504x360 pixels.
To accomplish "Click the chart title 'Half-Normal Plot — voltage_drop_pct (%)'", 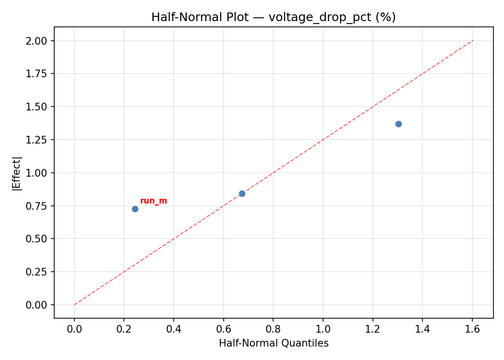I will click(273, 17).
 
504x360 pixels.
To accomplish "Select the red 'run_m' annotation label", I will click(154, 201).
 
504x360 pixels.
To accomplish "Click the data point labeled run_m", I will click(135, 209).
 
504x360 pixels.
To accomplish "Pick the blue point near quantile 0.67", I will click(242, 193).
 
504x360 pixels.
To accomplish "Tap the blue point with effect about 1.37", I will click(398, 124).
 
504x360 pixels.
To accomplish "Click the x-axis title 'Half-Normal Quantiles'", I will click(274, 343).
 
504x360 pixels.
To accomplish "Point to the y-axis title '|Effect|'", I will click(17, 173).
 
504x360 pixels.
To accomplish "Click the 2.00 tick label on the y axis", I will click(37, 41).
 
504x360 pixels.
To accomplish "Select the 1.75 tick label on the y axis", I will click(37, 74).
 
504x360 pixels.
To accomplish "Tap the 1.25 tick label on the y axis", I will click(37, 140).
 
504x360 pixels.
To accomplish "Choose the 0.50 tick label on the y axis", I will click(37, 239).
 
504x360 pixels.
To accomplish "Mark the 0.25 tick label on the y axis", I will click(37, 272).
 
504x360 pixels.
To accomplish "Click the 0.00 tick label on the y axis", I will click(37, 305).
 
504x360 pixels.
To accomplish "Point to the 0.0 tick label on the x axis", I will click(74, 329).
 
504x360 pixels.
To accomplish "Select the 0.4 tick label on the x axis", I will click(174, 329).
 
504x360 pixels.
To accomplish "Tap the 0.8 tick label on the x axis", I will click(273, 329).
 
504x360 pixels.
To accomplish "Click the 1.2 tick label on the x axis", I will click(372, 329).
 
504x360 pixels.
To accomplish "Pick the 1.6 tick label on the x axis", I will click(472, 329).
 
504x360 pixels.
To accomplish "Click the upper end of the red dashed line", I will click(473, 40).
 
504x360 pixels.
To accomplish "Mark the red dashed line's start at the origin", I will click(74, 305).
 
